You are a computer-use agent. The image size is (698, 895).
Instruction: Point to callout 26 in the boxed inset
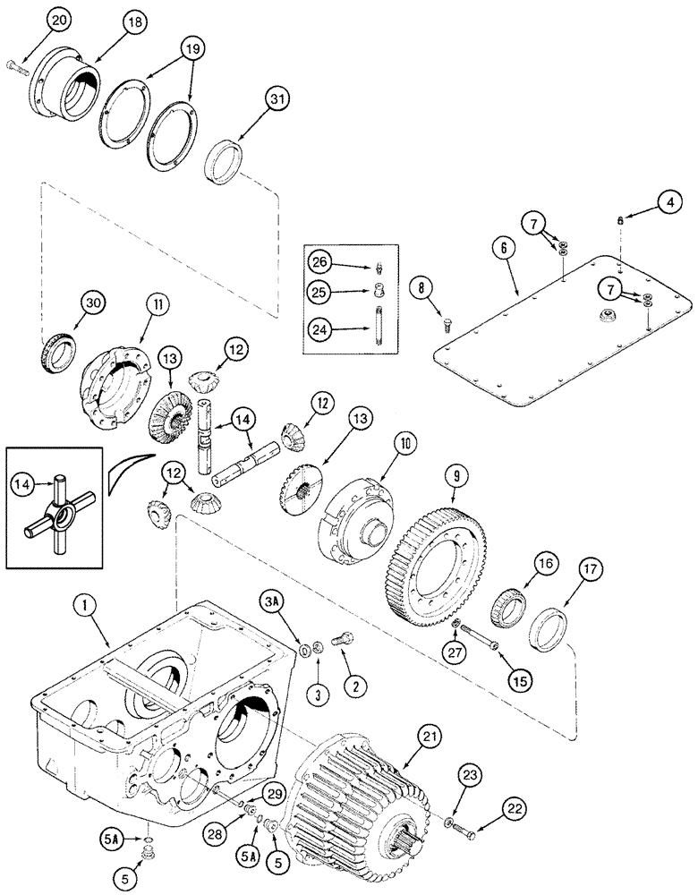[x=321, y=262]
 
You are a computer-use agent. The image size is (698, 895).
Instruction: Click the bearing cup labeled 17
[x=548, y=629]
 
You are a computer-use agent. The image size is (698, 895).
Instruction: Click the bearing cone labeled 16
[x=510, y=610]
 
